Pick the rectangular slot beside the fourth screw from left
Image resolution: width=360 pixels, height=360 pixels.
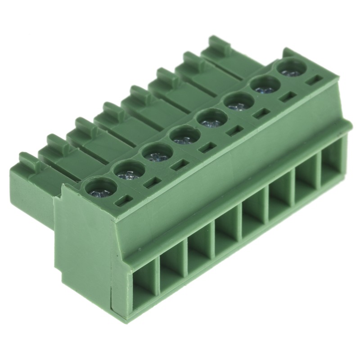tap(207, 148)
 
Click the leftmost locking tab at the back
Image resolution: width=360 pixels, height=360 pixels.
tap(29, 160)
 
